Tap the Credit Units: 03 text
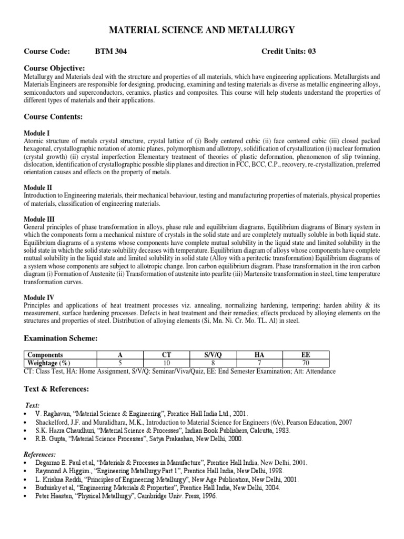(288, 51)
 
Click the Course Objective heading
(54, 68)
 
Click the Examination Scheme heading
(61, 337)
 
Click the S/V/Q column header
(214, 355)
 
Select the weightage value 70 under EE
(306, 363)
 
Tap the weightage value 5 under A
(121, 363)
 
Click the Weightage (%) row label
(49, 363)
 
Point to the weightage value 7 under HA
(260, 363)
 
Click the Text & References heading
(57, 389)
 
